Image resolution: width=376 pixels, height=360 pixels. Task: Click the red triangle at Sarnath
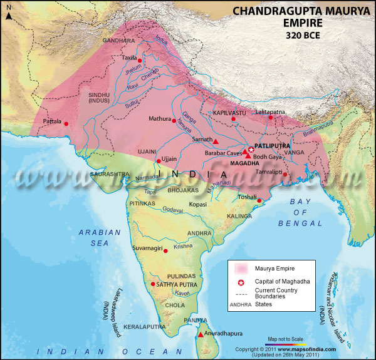pyautogui.click(x=215, y=140)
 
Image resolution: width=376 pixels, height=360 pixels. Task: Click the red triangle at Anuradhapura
pyautogui.click(x=200, y=335)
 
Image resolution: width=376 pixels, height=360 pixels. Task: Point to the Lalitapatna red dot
pyautogui.click(x=271, y=117)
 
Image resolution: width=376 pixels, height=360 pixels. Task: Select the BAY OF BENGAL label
pyautogui.click(x=310, y=213)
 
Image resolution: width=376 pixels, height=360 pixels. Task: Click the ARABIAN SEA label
pyautogui.click(x=99, y=238)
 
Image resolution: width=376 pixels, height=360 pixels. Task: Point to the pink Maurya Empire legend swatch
pyautogui.click(x=241, y=268)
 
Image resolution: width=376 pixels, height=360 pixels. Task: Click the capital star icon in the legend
pyautogui.click(x=241, y=282)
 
